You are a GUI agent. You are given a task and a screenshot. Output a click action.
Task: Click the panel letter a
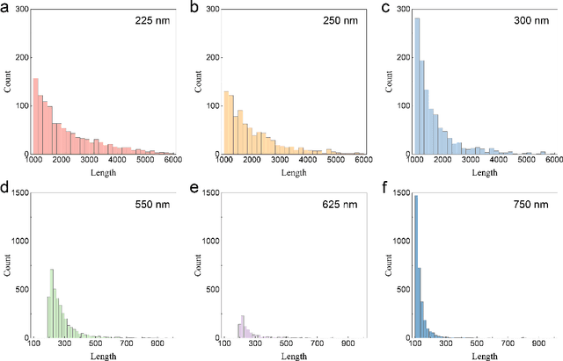pyautogui.click(x=6, y=8)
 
